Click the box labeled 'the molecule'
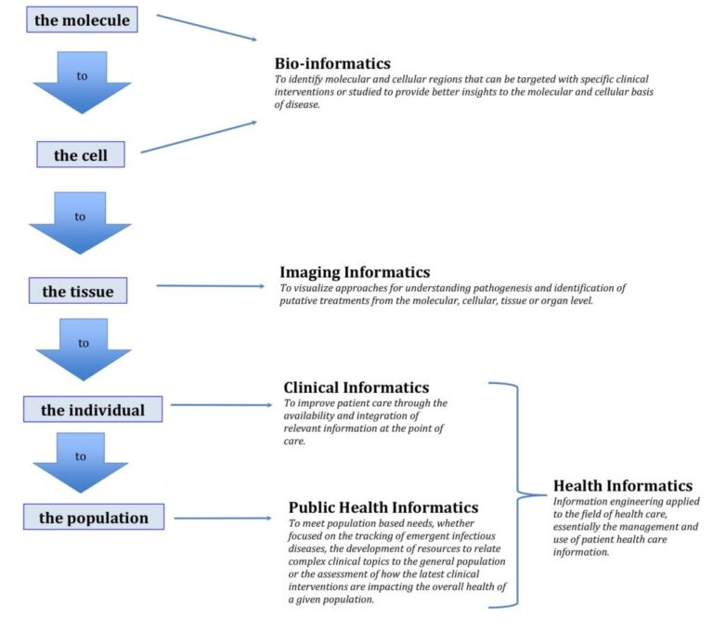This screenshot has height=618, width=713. click(82, 20)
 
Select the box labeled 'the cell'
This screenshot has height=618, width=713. click(81, 154)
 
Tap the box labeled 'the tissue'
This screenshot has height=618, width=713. click(78, 290)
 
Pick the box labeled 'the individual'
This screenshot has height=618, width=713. click(93, 409)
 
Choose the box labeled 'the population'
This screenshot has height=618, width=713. click(94, 517)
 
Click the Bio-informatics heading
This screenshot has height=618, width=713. click(332, 63)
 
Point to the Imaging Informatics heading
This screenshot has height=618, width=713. click(355, 271)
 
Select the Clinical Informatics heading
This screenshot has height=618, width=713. click(356, 388)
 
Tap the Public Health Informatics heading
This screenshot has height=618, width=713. click(383, 507)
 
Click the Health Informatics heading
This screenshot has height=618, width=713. click(623, 485)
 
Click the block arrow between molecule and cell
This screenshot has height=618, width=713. click(83, 83)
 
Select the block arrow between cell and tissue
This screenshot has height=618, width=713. click(80, 223)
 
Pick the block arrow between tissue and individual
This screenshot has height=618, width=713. click(84, 349)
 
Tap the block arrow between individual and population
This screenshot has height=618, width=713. click(81, 463)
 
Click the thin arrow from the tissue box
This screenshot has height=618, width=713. click(210, 286)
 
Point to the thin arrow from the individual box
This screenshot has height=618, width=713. click(221, 404)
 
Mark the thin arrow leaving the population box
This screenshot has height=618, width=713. click(223, 518)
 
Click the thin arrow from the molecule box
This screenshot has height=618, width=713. click(206, 27)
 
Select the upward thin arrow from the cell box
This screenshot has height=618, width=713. click(199, 137)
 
